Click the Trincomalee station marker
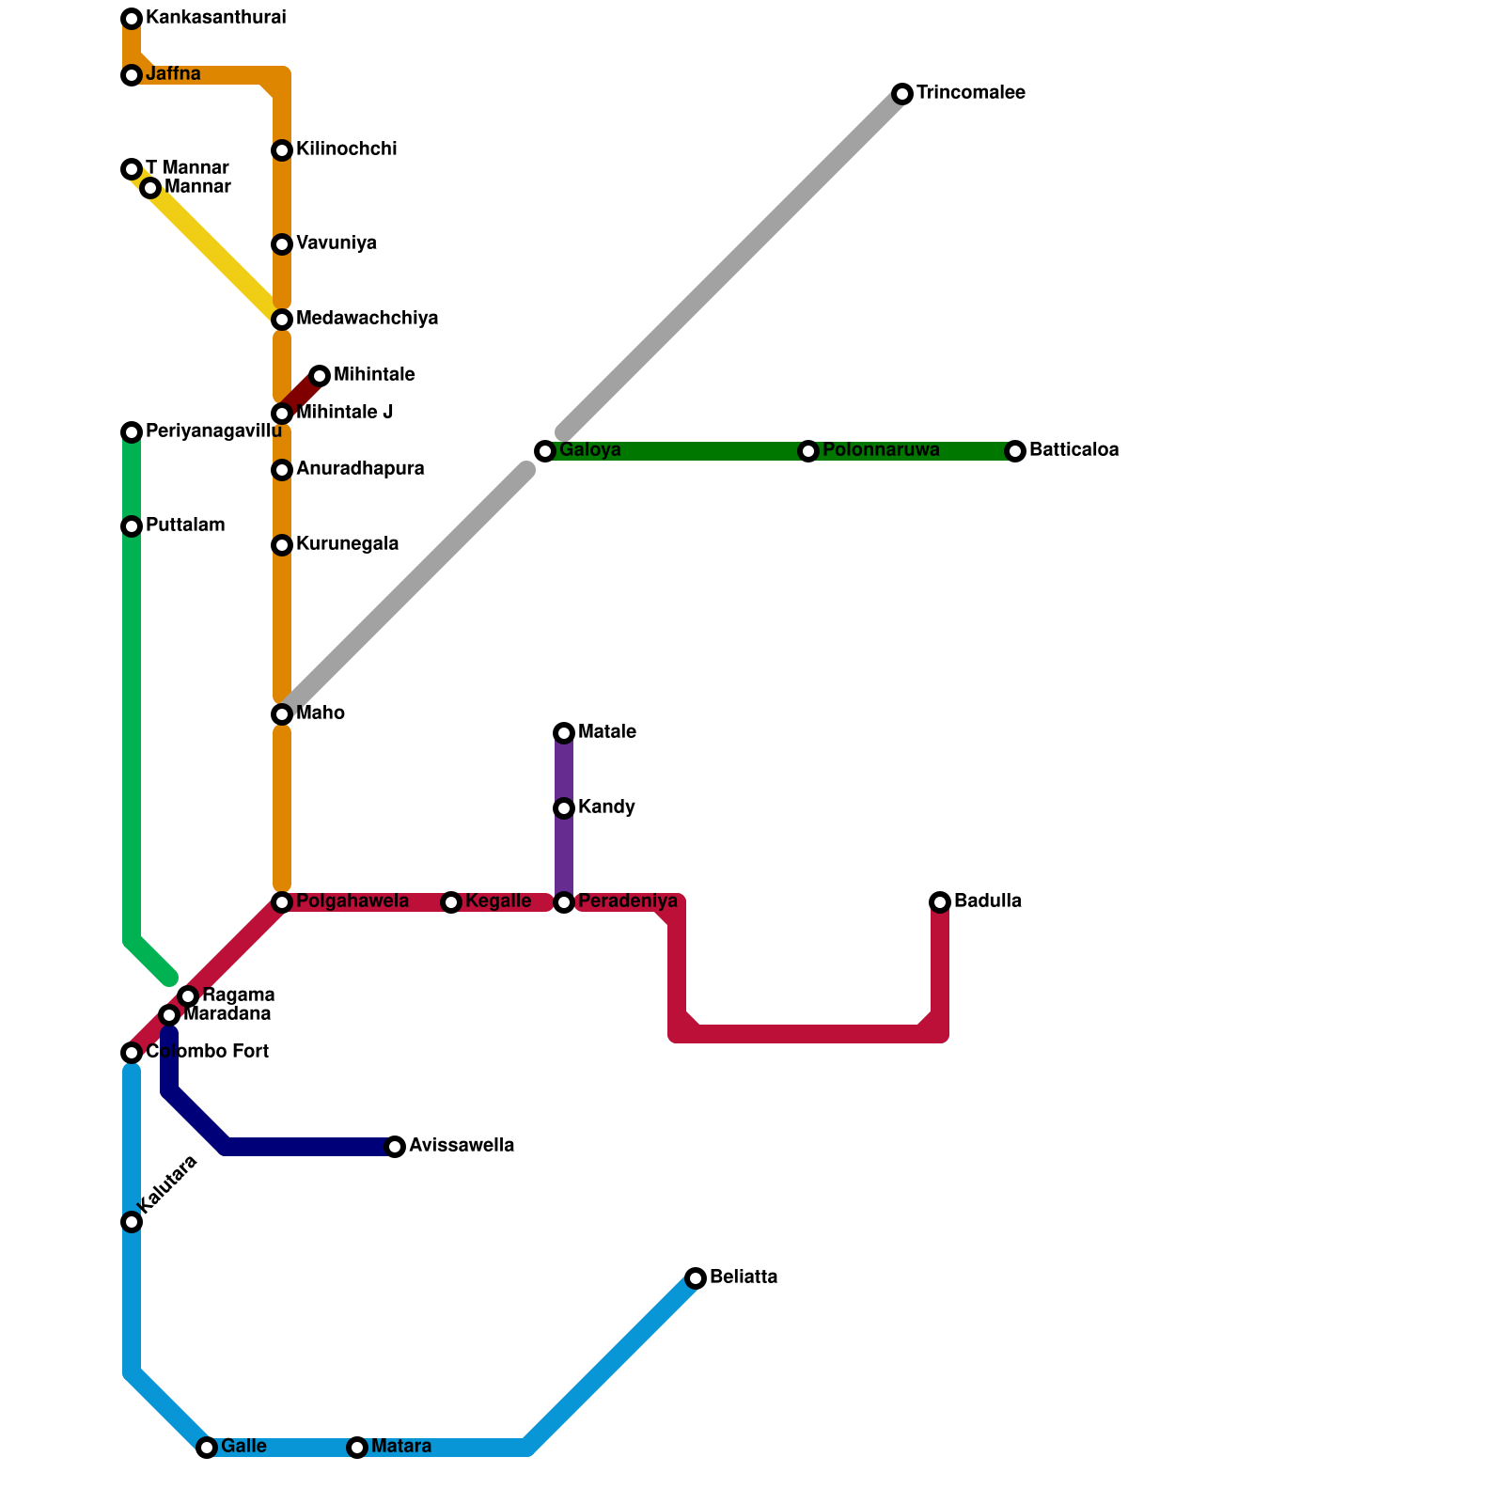902,94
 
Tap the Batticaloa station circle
1015,451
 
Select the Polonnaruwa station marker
808,451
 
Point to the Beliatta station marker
696,1278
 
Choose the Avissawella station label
462,1146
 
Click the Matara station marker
357,1448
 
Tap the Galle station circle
207,1448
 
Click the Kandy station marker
564,808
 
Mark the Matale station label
607,732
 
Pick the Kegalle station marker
451,902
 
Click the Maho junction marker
282,714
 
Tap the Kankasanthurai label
215,18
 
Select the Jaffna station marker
132,75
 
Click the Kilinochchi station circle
282,150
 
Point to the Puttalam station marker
132,526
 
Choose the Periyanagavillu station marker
132,432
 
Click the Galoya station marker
545,451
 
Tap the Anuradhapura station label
360,469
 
